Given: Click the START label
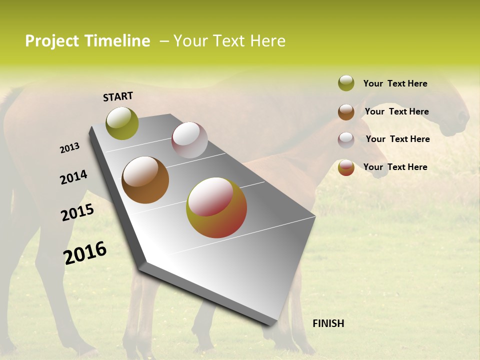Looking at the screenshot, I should tap(118, 96).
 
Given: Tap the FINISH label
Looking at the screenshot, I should tap(328, 323).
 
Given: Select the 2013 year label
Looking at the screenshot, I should tap(70, 148).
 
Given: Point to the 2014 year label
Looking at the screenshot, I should tap(74, 177).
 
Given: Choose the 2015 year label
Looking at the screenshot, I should tap(77, 212).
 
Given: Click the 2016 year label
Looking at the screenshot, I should tap(85, 252).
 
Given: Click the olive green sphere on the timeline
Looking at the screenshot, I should tap(122, 123).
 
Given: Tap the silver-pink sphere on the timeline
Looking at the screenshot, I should tap(189, 140).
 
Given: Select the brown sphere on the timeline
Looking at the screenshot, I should tap(145, 180).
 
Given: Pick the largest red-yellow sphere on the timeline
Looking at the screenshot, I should tap(216, 207).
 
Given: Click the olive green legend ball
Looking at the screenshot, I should tap(346, 83).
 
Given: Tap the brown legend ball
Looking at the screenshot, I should tap(346, 111).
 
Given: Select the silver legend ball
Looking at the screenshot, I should tap(346, 139).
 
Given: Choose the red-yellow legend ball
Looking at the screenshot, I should tap(346, 167).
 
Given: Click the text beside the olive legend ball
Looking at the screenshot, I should tap(395, 83).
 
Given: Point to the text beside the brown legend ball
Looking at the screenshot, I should tap(396, 111).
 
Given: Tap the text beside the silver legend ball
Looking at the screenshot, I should tap(397, 139).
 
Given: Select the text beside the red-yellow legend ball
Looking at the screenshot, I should tap(395, 167).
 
